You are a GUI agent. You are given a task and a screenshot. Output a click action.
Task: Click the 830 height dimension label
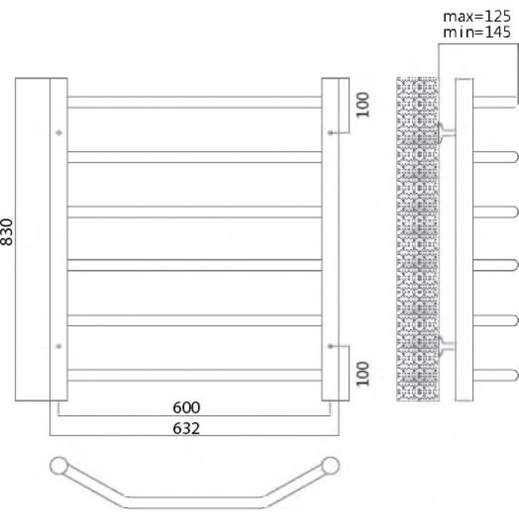7,231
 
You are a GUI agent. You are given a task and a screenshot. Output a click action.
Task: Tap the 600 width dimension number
186,408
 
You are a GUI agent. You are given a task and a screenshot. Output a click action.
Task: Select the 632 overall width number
186,429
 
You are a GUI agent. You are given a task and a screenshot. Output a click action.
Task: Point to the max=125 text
477,16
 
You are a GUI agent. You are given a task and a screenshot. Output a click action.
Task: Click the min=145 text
477,32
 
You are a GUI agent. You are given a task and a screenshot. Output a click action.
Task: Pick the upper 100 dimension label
363,105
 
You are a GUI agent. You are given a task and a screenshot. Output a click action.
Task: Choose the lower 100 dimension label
363,374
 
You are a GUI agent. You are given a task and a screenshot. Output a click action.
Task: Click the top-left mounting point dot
59,133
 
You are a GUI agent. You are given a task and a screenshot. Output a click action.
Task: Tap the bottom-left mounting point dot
59,346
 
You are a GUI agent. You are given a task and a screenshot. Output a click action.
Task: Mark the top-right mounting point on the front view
331,133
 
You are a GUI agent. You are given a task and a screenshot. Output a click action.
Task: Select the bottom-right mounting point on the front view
331,346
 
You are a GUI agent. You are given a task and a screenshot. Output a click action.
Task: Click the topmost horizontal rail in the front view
194,102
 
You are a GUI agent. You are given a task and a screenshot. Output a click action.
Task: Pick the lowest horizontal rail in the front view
194,375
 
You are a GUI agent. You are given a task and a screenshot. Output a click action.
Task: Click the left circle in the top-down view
59,466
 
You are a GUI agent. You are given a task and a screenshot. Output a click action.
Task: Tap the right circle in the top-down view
331,466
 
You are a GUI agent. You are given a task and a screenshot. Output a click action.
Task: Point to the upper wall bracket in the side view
446,133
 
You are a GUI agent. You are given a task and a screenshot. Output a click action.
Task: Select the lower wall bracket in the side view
446,346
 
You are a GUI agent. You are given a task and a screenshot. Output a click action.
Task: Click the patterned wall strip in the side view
417,239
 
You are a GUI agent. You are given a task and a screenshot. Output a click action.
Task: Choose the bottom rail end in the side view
495,375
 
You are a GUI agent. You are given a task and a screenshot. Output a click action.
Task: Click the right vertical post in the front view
331,239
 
